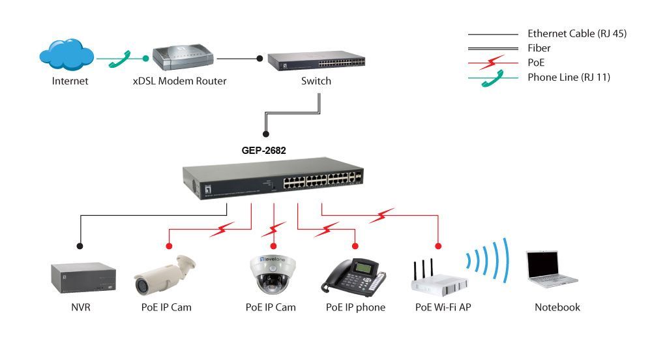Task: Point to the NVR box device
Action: pos(82,277)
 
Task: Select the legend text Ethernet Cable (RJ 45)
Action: pos(576,34)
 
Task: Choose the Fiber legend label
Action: pos(539,48)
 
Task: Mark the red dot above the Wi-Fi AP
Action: pos(438,246)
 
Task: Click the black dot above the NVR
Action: pos(80,246)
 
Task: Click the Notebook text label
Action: pos(557,307)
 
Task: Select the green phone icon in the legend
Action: pos(490,80)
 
